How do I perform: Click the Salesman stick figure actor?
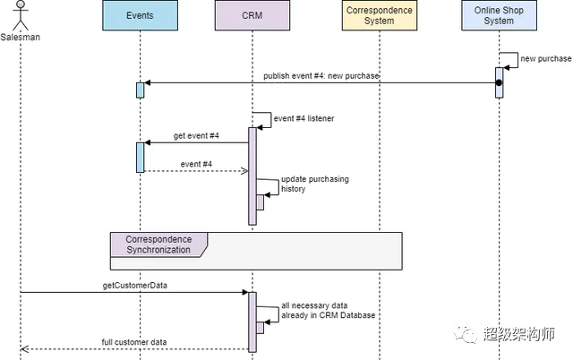coord(21,16)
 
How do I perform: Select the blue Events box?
coord(140,16)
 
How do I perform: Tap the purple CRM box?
coord(252,16)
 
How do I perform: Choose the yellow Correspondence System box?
coord(380,16)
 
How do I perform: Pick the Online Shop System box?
coord(499,16)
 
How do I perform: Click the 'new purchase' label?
coord(546,59)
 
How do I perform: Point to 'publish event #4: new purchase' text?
coord(321,76)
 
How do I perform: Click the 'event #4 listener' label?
coord(304,117)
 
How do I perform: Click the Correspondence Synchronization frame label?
coord(158,244)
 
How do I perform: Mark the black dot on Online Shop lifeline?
coord(499,83)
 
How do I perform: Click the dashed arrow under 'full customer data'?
coord(134,349)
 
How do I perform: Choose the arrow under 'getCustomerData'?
coord(134,292)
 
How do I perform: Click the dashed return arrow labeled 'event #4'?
coord(196,171)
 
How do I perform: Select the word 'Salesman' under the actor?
coord(21,37)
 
